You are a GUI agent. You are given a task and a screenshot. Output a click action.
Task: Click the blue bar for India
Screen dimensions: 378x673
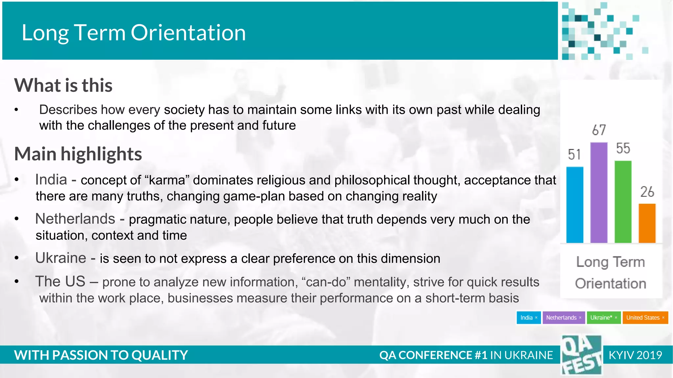(575, 205)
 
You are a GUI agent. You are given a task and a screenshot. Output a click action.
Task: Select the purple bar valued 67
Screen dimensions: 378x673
(599, 193)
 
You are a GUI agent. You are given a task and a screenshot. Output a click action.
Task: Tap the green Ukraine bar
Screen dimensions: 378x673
(623, 202)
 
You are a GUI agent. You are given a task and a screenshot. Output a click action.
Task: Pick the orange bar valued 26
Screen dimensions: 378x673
(647, 223)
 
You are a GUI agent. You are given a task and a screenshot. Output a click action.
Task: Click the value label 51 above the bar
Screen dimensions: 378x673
(574, 155)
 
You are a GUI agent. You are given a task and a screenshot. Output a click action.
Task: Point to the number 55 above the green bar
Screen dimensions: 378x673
(623, 148)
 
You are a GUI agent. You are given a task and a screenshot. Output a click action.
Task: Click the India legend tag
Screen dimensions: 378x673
(528, 318)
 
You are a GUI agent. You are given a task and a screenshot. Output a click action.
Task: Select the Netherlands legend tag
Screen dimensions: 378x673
(563, 318)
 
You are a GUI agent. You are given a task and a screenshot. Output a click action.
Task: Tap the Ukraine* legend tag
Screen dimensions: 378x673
(603, 318)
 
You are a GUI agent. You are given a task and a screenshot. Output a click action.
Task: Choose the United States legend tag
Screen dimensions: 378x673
(645, 318)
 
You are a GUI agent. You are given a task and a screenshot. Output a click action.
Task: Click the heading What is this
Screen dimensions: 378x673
(63, 85)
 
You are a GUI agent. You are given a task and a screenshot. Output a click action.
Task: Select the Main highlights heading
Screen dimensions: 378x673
(78, 154)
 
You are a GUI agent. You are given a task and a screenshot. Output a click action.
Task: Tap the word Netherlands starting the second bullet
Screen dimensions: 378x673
(75, 219)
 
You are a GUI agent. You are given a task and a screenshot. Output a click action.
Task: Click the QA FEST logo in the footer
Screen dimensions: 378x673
(581, 355)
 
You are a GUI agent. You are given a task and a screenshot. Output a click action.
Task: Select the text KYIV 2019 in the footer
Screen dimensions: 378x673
(635, 355)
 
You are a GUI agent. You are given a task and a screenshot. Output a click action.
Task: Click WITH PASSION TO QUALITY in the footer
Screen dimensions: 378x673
(101, 355)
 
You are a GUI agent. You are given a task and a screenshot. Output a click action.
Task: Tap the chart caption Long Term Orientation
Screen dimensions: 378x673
(611, 272)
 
